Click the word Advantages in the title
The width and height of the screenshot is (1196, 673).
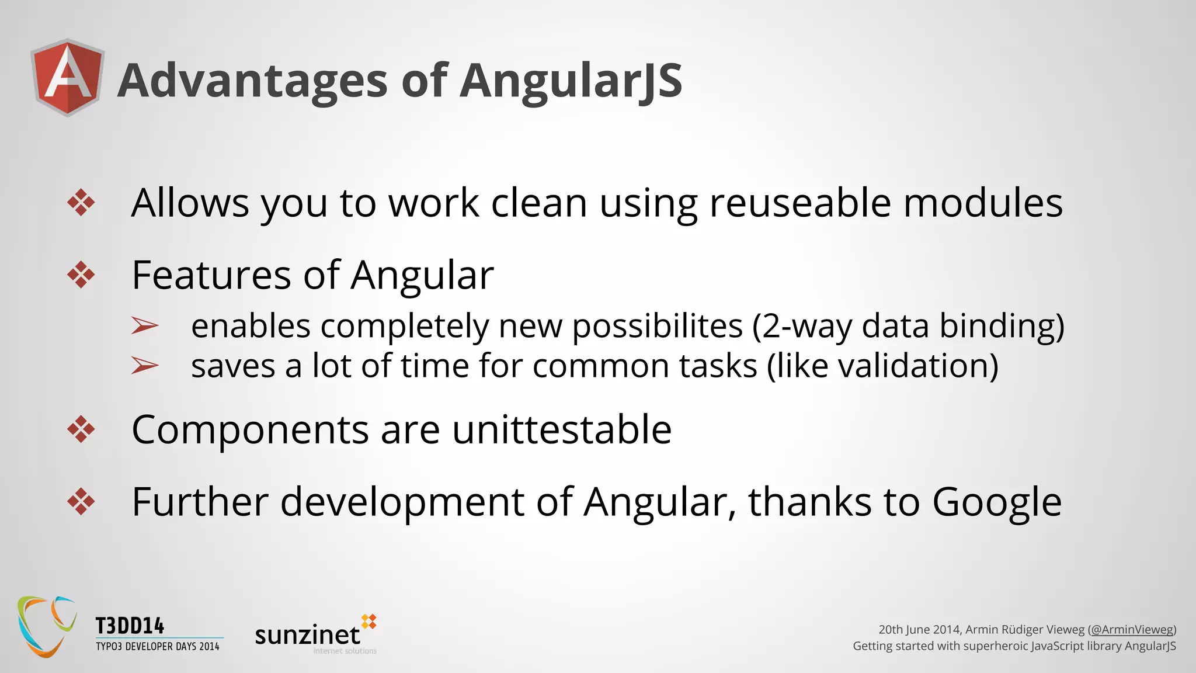coord(252,81)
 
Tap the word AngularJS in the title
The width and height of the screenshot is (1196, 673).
coord(571,81)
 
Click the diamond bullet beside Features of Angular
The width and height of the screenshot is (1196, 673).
coord(81,275)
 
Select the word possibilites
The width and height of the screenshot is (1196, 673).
coord(657,326)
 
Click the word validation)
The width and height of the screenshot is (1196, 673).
coord(917,366)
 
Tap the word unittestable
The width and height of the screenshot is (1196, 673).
coord(562,430)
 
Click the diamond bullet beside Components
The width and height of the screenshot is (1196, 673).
coord(81,430)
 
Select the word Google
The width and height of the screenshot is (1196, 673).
coord(996,502)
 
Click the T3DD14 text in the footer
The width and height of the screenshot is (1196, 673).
coord(130,626)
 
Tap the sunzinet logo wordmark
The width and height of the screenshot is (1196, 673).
coord(308,635)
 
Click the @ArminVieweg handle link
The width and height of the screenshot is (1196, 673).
coord(1132,630)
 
